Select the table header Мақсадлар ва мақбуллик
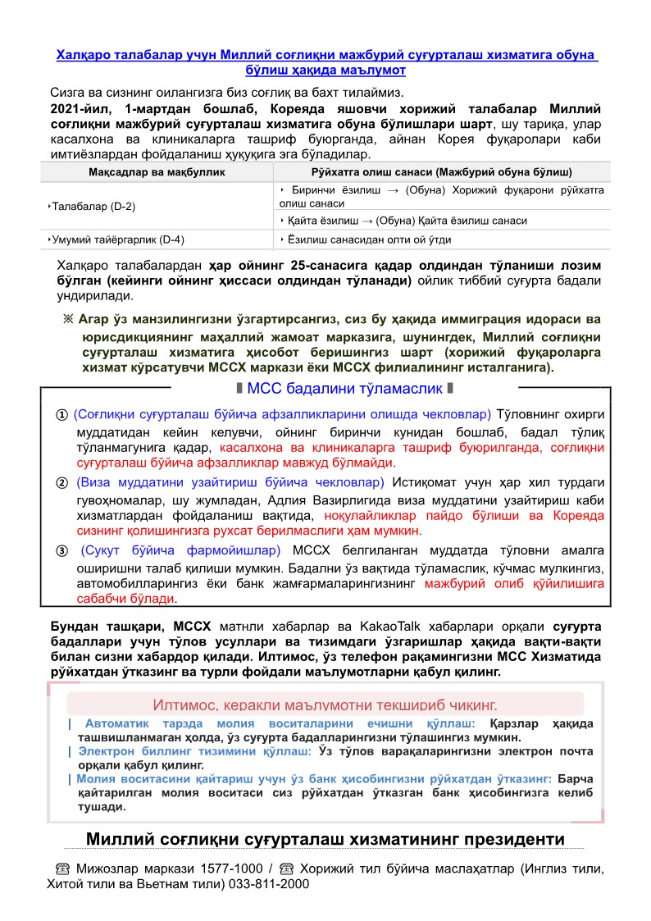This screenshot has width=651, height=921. [157, 172]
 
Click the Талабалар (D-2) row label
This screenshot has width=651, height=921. [93, 206]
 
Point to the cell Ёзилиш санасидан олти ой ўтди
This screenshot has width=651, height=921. [369, 239]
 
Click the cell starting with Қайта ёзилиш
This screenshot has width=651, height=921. [407, 221]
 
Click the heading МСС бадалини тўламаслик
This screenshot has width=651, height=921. [344, 388]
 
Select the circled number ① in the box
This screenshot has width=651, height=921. [61, 413]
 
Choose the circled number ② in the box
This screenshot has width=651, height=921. [61, 482]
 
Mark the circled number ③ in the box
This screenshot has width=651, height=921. [61, 550]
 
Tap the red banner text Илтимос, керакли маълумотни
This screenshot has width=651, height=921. [325, 704]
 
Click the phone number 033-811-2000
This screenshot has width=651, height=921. [268, 885]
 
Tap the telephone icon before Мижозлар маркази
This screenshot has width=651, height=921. [61, 869]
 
